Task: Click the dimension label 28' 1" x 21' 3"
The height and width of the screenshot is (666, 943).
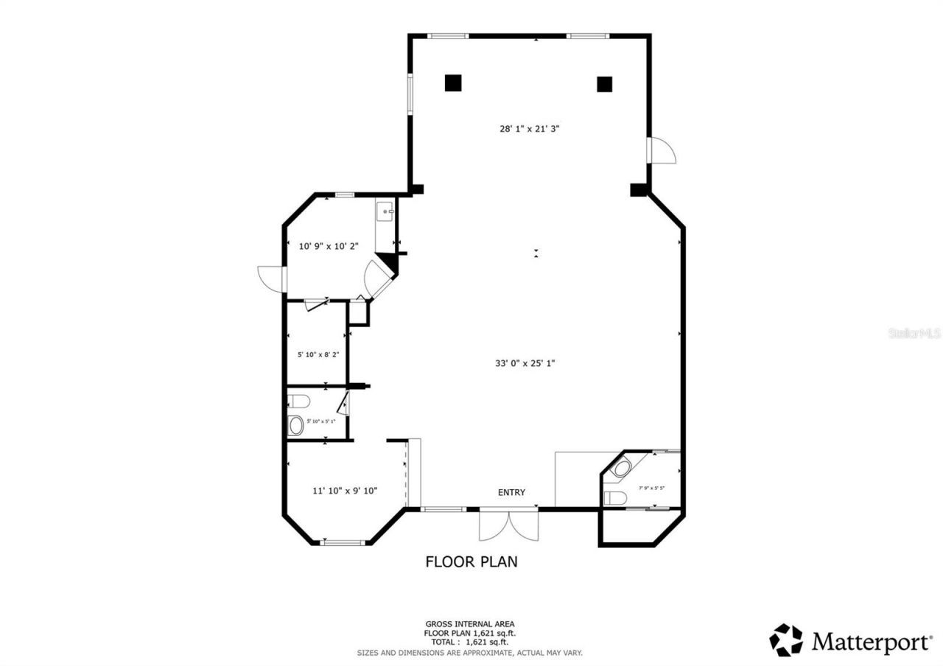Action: (530, 128)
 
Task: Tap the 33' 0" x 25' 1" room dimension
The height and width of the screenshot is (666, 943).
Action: (525, 362)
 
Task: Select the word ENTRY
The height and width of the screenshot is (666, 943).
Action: (511, 492)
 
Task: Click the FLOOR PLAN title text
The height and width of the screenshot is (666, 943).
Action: (471, 561)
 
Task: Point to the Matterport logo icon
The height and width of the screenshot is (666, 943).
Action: (787, 640)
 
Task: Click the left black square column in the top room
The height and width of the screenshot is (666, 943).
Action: (453, 83)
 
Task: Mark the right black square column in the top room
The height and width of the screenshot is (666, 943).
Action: (604, 84)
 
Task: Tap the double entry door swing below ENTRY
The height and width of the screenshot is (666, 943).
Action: (508, 525)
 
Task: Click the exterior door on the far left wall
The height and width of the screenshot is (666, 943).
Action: (270, 278)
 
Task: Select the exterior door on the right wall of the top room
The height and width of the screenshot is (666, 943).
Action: (661, 150)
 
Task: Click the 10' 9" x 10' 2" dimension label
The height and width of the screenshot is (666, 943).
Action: (328, 246)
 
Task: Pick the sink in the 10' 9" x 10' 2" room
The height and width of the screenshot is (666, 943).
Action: (385, 212)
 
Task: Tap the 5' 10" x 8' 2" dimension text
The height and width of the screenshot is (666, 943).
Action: (318, 354)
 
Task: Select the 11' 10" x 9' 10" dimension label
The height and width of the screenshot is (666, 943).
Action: (345, 490)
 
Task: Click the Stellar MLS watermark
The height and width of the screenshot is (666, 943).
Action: (914, 333)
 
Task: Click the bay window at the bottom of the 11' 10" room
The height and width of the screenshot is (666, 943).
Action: (344, 543)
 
